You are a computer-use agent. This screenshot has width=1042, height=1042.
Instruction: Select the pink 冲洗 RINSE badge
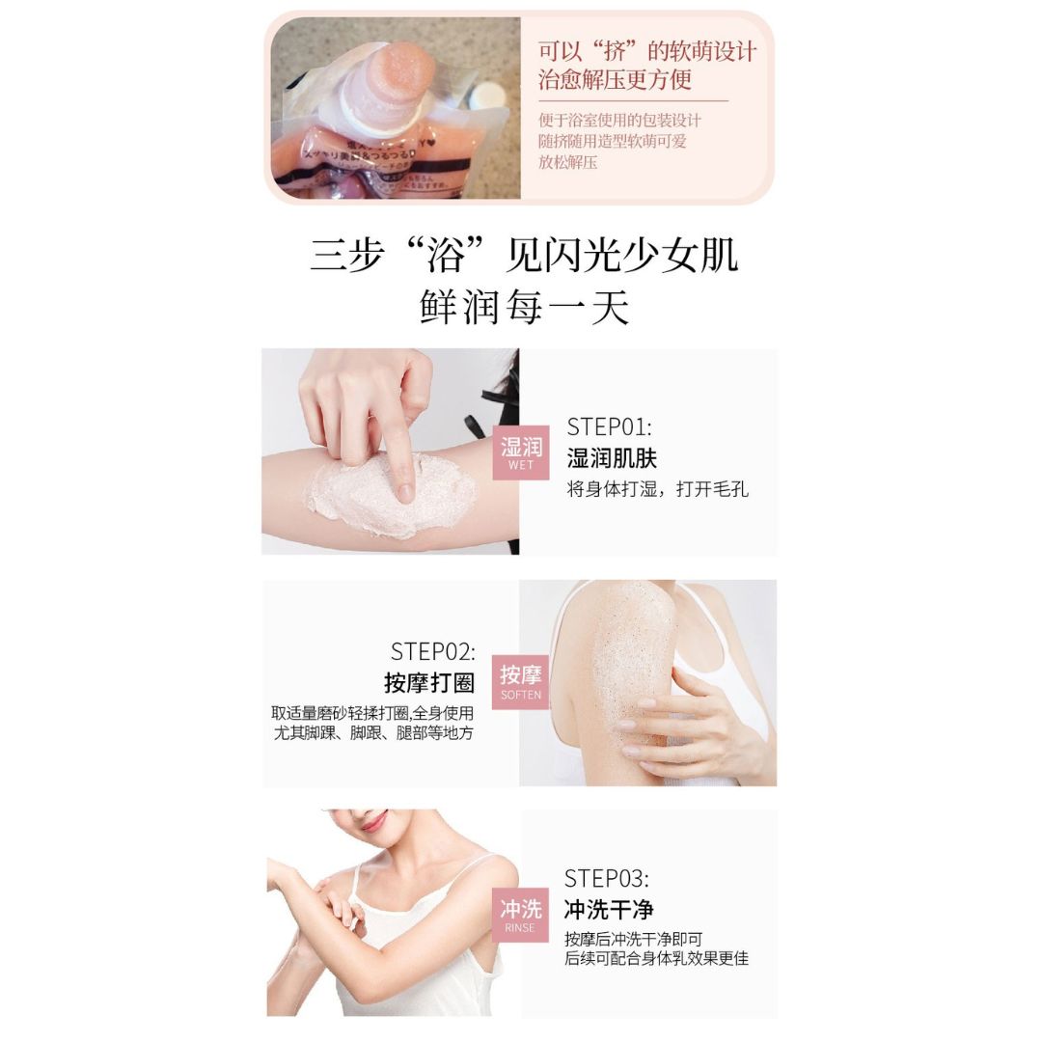(x=521, y=915)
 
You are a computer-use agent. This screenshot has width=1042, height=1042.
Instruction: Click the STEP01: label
(x=609, y=427)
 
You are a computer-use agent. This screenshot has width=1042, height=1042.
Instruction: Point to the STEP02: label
(x=432, y=651)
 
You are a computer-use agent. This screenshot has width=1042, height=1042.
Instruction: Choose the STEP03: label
(x=607, y=878)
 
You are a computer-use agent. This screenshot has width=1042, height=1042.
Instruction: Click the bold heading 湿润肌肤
(x=612, y=458)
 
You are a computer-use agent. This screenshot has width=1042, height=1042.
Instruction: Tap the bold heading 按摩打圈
(x=429, y=683)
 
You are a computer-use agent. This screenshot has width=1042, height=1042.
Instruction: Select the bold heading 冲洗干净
(x=609, y=910)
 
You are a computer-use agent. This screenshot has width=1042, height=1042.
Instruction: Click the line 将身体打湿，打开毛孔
(x=657, y=489)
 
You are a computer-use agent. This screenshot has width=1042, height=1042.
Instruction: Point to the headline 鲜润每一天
(x=525, y=307)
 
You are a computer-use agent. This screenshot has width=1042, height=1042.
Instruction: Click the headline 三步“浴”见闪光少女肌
(x=524, y=256)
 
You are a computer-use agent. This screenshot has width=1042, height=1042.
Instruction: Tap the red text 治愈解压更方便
(x=615, y=80)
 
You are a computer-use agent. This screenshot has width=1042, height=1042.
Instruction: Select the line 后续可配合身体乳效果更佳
(x=656, y=958)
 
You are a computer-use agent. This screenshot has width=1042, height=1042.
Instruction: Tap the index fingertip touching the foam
(x=405, y=490)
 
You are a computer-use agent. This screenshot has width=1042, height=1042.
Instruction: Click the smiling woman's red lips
(x=372, y=821)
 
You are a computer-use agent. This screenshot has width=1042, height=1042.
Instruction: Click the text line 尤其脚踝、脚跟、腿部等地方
(x=373, y=733)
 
